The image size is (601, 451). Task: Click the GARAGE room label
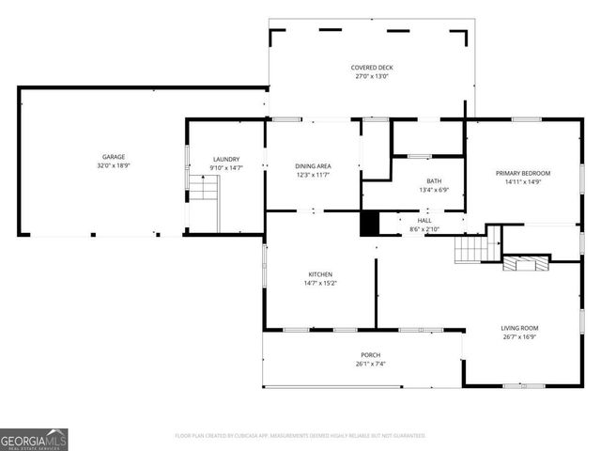point(114,157)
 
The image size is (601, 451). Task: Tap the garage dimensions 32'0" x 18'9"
point(114,165)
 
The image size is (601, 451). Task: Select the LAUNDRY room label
point(226,160)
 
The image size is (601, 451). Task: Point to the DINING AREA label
point(314,166)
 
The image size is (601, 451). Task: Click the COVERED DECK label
point(371,68)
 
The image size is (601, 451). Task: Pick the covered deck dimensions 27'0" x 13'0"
point(371,77)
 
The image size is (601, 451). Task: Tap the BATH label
point(434,181)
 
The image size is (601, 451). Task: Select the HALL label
point(424,220)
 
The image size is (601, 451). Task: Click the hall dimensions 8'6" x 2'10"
point(424,228)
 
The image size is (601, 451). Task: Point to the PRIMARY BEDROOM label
point(523,173)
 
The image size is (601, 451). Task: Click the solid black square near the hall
point(369,224)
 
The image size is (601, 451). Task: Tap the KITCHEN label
point(320,274)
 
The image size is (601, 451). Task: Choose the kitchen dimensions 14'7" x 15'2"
point(320,283)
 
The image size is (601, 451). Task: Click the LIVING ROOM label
point(519,328)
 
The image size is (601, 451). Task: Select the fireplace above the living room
point(526,263)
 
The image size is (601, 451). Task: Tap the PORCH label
point(370,355)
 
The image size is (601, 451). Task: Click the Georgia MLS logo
point(34,439)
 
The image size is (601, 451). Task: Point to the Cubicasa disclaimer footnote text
point(300,436)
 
